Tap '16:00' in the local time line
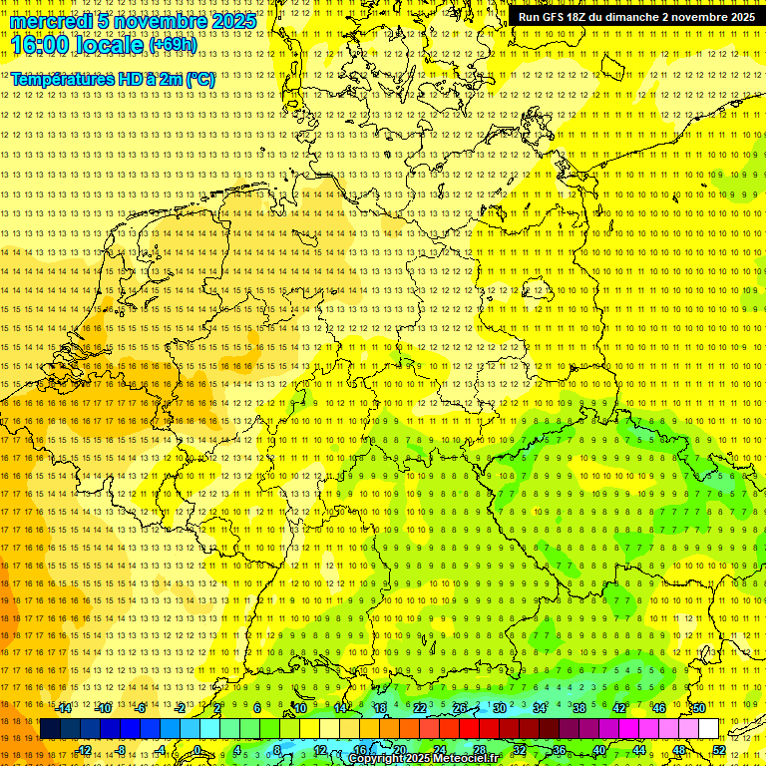(x=42, y=45)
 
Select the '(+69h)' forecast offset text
(x=173, y=45)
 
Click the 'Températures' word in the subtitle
(x=59, y=79)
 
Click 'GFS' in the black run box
(x=559, y=17)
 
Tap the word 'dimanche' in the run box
(x=631, y=17)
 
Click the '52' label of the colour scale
(x=719, y=750)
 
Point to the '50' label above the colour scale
(x=698, y=708)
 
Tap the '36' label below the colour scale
(x=559, y=750)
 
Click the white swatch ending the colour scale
(x=708, y=729)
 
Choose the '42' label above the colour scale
(x=619, y=708)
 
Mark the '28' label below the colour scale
(x=479, y=750)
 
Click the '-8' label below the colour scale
(x=122, y=750)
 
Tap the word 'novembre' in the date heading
(x=156, y=21)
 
